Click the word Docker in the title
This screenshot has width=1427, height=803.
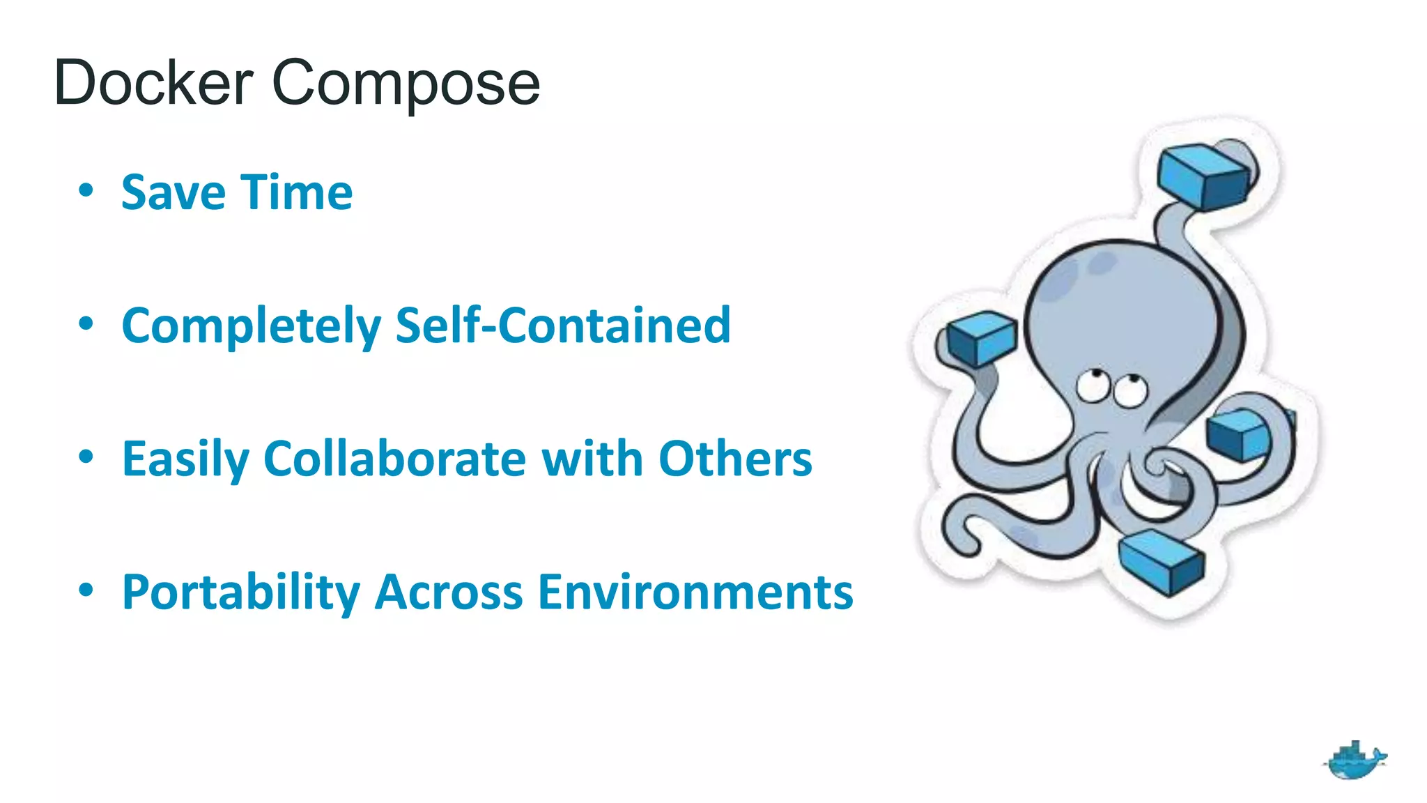(153, 84)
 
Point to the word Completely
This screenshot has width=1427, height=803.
(252, 326)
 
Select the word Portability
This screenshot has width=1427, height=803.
(241, 592)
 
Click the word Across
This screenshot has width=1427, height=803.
(449, 592)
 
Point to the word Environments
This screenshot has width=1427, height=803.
(695, 592)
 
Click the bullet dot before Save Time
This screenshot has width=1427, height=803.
(86, 190)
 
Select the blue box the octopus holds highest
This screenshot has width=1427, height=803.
(1203, 177)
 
